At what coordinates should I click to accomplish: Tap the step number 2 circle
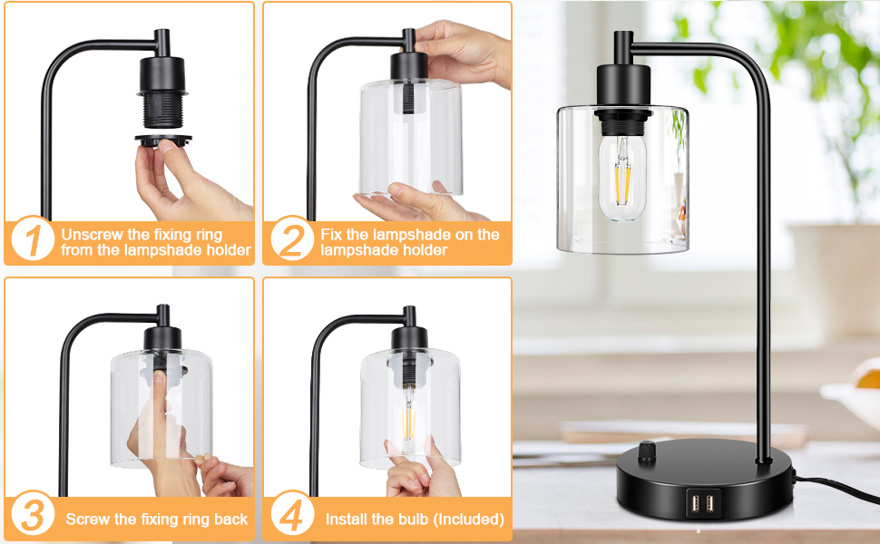(292, 240)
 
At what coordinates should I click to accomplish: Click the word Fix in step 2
(333, 234)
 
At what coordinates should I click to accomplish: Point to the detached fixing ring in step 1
(163, 140)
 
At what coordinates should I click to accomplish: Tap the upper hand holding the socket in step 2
(463, 50)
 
